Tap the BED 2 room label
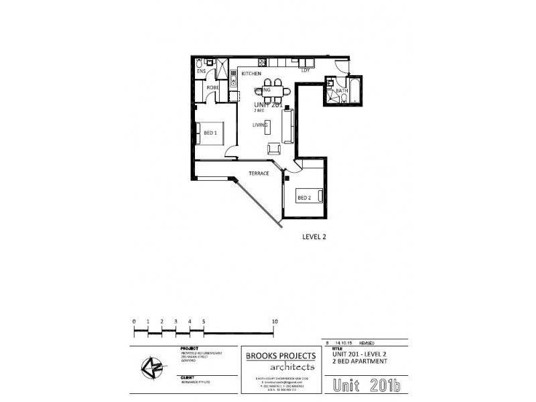(x=304, y=197)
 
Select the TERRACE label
(x=259, y=174)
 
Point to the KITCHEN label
(x=251, y=73)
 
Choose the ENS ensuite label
(x=200, y=71)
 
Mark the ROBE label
(x=212, y=88)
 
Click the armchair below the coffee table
(x=274, y=149)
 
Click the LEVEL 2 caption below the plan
(x=314, y=237)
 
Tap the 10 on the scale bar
(x=275, y=322)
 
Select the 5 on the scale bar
(x=203, y=322)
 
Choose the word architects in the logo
(x=282, y=367)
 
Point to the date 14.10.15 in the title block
(x=342, y=342)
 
